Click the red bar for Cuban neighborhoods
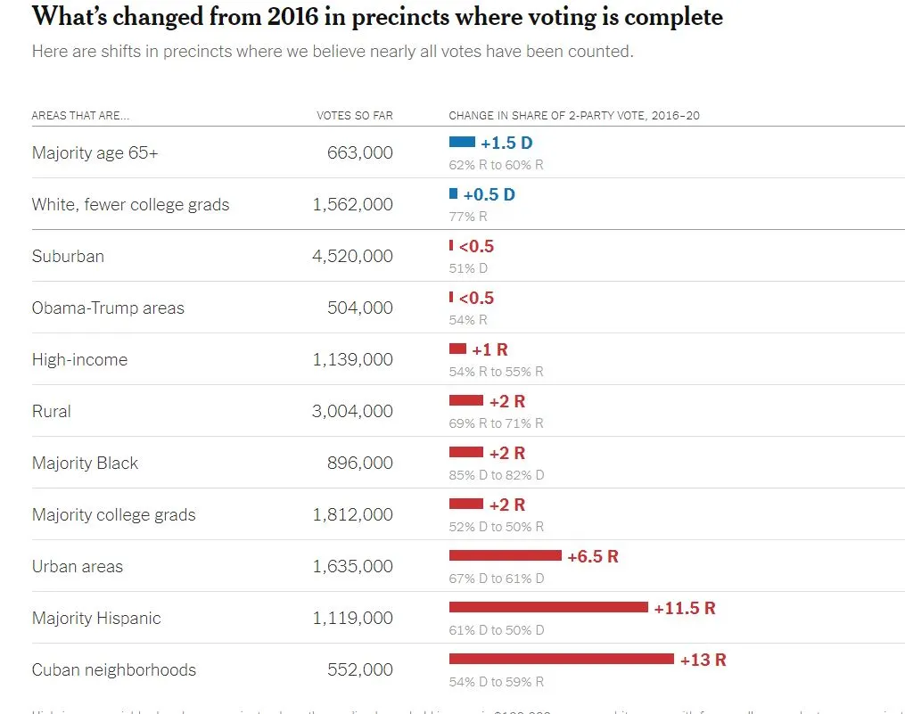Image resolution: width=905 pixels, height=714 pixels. (561, 659)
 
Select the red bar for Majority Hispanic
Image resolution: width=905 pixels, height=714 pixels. (547, 607)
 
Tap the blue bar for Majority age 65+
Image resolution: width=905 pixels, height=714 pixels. (462, 142)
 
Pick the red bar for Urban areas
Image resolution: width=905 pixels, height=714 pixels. (505, 555)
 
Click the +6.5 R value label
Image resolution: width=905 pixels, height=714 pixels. (593, 556)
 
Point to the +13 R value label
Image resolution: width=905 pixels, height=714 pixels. (703, 660)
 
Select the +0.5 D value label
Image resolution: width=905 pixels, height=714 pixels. (489, 194)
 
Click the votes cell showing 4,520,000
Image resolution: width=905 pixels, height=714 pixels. (352, 256)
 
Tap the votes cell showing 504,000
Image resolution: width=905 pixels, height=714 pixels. (360, 308)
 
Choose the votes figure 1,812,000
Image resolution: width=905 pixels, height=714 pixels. (352, 514)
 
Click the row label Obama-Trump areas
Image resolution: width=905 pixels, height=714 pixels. (108, 308)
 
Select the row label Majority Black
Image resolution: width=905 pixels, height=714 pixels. (85, 463)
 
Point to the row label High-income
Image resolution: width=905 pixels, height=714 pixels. (79, 359)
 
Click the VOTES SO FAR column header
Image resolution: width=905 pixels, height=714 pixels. (354, 116)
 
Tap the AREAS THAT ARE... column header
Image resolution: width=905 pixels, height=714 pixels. (80, 116)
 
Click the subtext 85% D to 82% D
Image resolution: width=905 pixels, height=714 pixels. (496, 475)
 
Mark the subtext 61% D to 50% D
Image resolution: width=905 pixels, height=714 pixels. (496, 630)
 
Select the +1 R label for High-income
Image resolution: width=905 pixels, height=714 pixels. (490, 349)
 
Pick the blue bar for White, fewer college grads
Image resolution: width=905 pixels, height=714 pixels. (453, 193)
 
